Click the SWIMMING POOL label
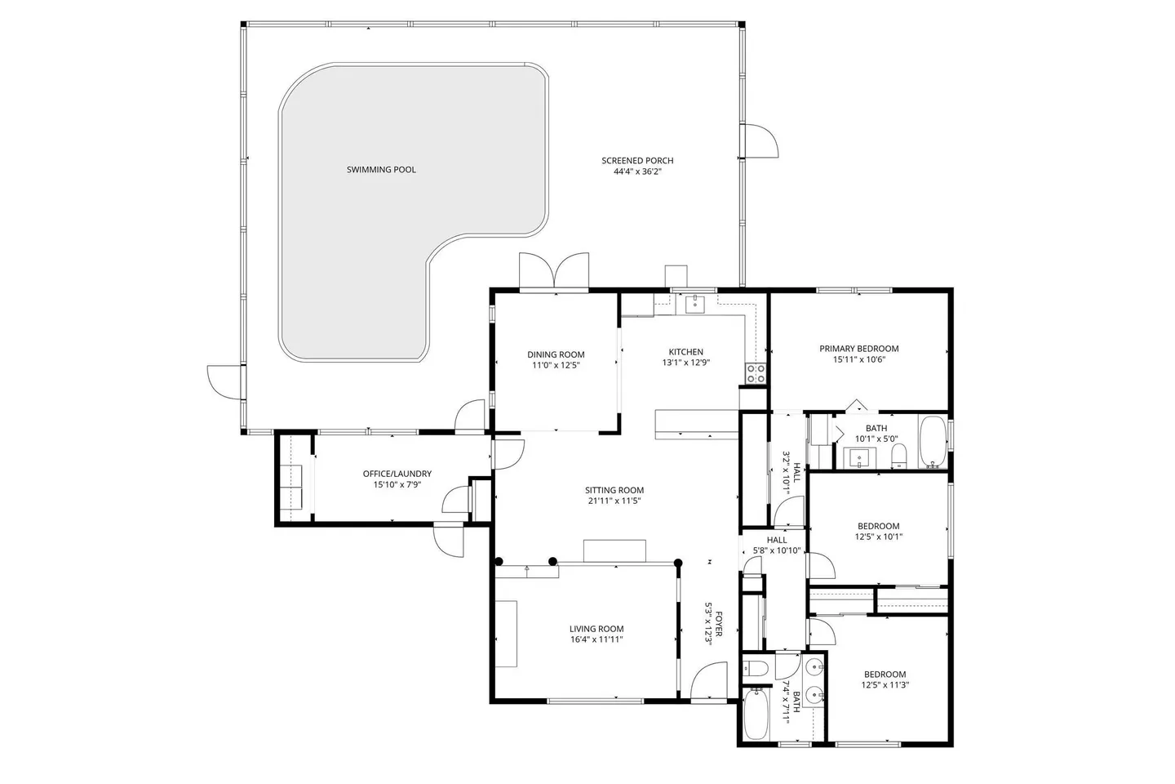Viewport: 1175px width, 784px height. coord(381,170)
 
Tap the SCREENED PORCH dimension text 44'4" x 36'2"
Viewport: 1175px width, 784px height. coord(637,171)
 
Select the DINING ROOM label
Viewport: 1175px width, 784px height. coord(556,354)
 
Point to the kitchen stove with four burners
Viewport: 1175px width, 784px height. coord(756,373)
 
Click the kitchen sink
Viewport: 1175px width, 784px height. coord(695,305)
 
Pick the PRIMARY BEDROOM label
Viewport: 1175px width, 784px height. coord(859,348)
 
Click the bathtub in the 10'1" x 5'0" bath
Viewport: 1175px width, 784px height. coord(933,442)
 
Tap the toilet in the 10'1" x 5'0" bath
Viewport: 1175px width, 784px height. coord(899,455)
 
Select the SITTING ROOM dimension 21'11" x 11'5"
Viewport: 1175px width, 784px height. coord(614,501)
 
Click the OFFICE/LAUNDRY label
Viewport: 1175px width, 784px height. coord(397,474)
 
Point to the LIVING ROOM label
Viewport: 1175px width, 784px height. coord(596,629)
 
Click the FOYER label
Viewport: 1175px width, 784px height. coord(719,624)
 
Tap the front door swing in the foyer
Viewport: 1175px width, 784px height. coord(708,680)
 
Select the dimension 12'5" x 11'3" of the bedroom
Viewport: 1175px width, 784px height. coord(885,684)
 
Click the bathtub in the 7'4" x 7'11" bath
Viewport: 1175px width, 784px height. coord(756,715)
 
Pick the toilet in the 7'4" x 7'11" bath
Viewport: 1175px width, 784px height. coord(756,669)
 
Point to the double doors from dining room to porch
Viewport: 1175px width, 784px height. coord(554,270)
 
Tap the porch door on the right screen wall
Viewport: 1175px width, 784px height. coord(761,140)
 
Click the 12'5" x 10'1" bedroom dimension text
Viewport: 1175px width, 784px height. coord(879,537)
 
